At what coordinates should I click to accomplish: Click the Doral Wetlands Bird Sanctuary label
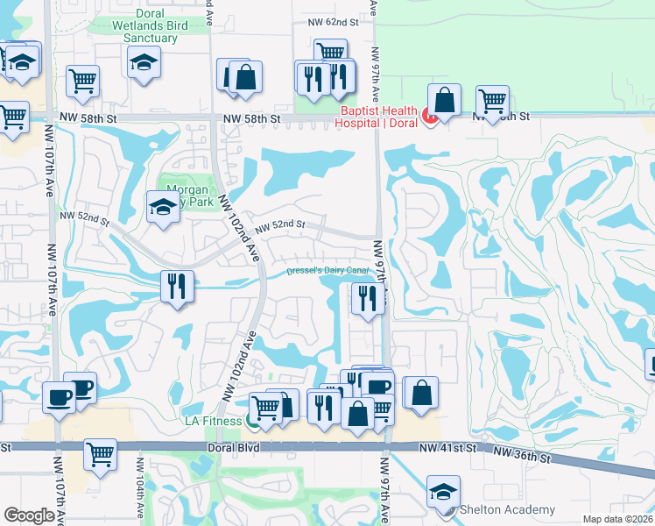pos(163,25)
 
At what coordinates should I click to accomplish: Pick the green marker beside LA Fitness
pos(253,423)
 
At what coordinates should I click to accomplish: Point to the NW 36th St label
pos(521,456)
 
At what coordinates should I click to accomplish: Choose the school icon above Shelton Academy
pos(442,490)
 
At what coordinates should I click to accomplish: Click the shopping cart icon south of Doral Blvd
pos(101,454)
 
